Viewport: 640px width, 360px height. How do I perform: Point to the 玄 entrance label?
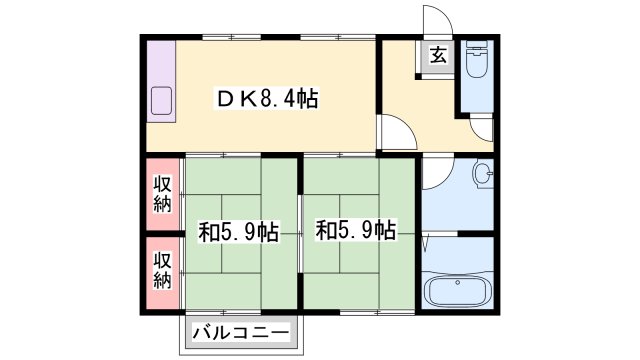point(439,57)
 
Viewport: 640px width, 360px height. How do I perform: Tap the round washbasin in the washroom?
point(483,176)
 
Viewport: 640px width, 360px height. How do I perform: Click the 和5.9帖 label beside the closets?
point(238,233)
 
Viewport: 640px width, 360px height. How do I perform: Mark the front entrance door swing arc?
point(434,22)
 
